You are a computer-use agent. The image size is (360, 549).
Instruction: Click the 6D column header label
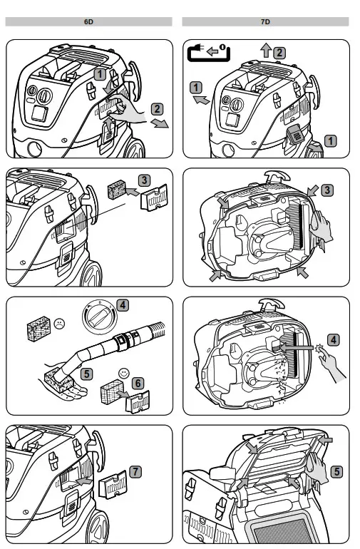[88, 21]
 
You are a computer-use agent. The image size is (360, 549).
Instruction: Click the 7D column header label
[265, 21]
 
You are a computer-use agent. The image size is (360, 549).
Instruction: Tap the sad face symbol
[59, 323]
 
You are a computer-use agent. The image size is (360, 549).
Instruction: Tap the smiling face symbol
[123, 374]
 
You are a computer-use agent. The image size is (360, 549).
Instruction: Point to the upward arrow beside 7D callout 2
[266, 50]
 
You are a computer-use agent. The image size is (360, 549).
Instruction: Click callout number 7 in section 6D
[136, 472]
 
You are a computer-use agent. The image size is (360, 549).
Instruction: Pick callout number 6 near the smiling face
[138, 384]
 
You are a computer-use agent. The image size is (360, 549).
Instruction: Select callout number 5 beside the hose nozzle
[86, 374]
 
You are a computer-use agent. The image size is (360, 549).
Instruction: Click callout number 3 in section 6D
[144, 180]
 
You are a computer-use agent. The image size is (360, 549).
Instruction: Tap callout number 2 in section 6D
[157, 109]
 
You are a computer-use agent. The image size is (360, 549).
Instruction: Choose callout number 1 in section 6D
[100, 74]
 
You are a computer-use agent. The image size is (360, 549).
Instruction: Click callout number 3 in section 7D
[327, 190]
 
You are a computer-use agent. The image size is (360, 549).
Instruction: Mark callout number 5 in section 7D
[336, 471]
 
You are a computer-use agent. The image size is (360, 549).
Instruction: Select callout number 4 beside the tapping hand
[334, 339]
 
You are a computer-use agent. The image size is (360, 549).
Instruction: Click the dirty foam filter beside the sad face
[39, 329]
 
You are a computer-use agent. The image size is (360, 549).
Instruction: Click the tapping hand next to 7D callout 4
[329, 364]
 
